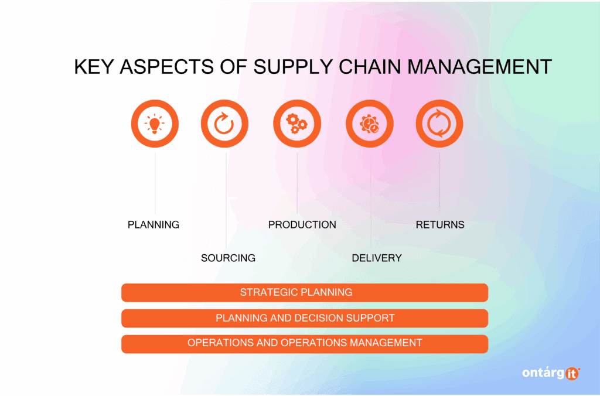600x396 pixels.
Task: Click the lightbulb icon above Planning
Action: click(x=155, y=124)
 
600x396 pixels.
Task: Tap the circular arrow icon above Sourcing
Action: click(x=224, y=124)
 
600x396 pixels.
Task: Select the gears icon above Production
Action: click(x=297, y=124)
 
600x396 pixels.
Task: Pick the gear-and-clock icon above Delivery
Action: click(x=370, y=124)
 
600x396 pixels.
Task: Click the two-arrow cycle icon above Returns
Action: click(x=439, y=124)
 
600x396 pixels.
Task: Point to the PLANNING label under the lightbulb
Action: click(x=154, y=225)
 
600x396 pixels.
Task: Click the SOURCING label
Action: click(x=228, y=258)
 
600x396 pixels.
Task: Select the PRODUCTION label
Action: click(x=302, y=225)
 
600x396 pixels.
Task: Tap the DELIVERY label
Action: click(x=377, y=258)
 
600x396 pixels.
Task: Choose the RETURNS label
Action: click(x=440, y=225)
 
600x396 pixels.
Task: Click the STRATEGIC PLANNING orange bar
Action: click(x=305, y=292)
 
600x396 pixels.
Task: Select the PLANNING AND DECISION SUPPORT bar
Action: click(x=305, y=318)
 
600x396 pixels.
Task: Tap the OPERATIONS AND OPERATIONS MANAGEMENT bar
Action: click(x=305, y=343)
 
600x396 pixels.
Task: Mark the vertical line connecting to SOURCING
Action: click(x=226, y=199)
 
